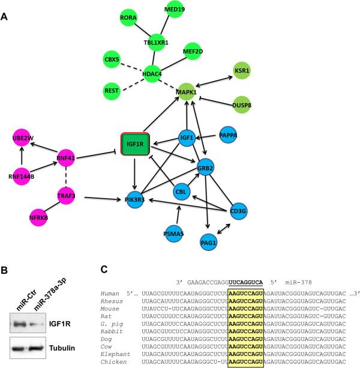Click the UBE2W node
(22, 139)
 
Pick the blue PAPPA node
(229, 136)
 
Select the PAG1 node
(209, 241)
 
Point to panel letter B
(5, 262)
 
